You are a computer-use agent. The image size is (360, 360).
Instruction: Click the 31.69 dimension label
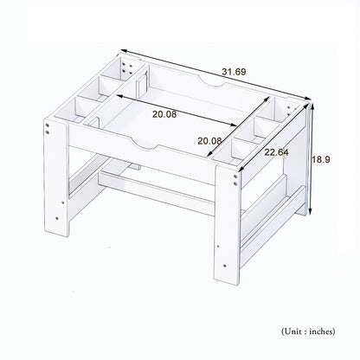[x=234, y=72]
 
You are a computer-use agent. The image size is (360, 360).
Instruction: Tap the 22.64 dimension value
[x=276, y=152]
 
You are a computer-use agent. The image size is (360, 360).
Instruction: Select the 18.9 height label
[x=321, y=159]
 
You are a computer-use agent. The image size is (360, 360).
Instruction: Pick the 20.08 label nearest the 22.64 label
[x=209, y=141]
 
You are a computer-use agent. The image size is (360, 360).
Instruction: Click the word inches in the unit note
[x=322, y=331]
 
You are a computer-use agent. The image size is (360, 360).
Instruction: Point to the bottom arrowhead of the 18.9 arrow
[x=311, y=211]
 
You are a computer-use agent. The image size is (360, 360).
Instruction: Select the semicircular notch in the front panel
[x=145, y=145]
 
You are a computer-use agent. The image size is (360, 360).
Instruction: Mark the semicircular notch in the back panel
[x=211, y=81]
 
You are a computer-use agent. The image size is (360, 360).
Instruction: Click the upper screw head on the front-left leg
[x=47, y=125]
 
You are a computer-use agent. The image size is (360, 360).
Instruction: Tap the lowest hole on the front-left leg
[x=57, y=218]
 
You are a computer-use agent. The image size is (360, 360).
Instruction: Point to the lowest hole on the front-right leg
[x=225, y=266]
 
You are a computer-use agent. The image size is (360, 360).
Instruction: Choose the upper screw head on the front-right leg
[x=235, y=177]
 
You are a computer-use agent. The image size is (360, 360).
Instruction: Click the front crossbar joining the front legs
[x=157, y=193]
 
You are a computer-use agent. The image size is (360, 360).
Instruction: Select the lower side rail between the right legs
[x=273, y=226]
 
